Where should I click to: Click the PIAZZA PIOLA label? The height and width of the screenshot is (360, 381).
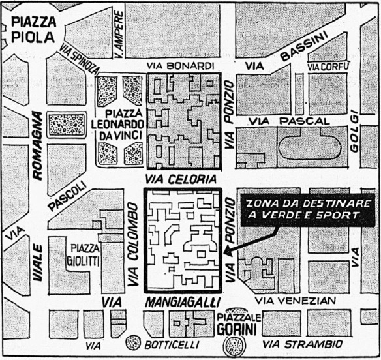pyautogui.click(x=32, y=29)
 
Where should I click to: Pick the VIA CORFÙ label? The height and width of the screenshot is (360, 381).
pyautogui.click(x=329, y=67)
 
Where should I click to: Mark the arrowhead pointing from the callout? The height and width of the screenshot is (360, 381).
pyautogui.click(x=226, y=252)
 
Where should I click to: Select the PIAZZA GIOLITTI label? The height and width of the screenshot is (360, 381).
pyautogui.click(x=89, y=254)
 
